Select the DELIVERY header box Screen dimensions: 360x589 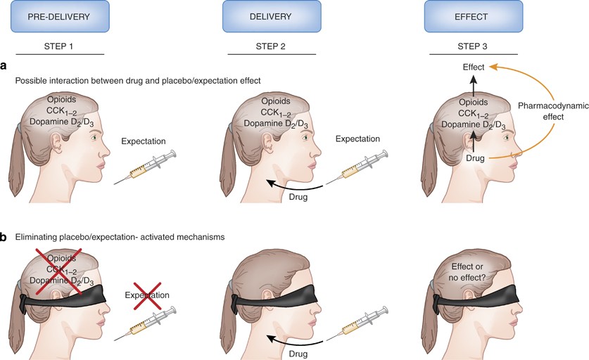[272, 16]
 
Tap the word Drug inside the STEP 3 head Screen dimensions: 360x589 [475, 160]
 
